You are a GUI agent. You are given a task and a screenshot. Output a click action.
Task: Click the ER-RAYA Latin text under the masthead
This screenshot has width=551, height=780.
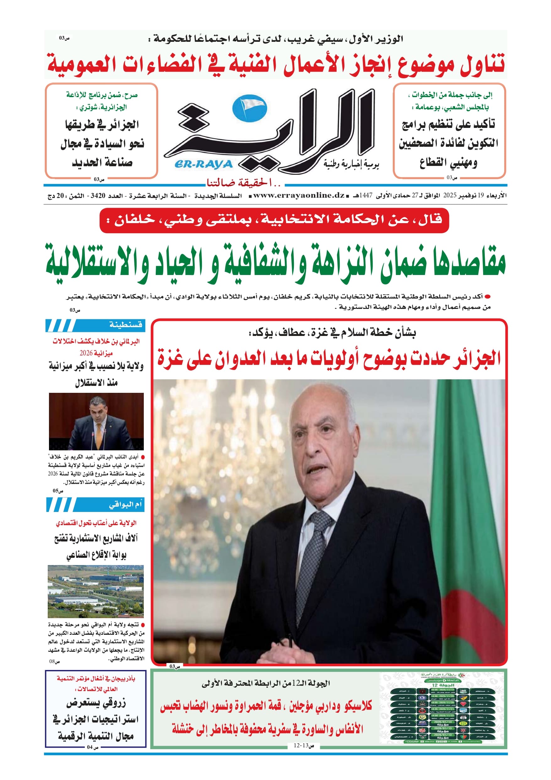coord(203,164)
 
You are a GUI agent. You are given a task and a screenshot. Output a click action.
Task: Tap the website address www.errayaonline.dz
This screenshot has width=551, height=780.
coord(299,196)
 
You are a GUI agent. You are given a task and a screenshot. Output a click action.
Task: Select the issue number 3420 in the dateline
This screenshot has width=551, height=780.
coord(98,196)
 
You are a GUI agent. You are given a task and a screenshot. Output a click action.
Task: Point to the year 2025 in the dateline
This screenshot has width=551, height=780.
coord(449,196)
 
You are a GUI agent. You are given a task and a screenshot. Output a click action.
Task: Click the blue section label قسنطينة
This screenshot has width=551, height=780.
coord(126,325)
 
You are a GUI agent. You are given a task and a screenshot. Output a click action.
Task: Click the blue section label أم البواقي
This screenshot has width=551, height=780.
coord(125,504)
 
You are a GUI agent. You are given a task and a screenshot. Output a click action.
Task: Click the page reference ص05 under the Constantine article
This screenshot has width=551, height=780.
coord(58,491)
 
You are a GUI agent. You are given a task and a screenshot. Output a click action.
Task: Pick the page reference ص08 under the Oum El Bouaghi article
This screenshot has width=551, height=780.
coord(54,662)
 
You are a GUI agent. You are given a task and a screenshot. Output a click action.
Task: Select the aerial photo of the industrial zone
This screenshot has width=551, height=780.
coord(95,591)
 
